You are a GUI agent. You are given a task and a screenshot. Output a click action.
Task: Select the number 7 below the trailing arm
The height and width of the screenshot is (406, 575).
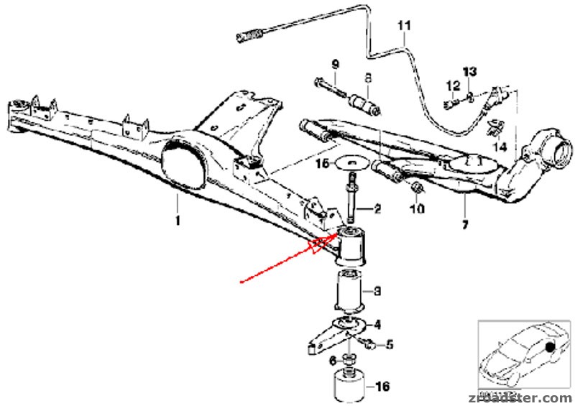tap(465, 226)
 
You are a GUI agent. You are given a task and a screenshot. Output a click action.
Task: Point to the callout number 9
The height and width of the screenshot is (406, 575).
tap(335, 64)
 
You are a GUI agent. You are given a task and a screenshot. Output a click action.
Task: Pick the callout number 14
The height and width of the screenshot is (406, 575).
tap(501, 147)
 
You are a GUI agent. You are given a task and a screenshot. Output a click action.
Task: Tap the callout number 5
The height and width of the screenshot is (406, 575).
tap(389, 345)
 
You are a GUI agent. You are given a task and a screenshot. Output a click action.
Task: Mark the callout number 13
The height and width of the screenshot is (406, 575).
tap(469, 71)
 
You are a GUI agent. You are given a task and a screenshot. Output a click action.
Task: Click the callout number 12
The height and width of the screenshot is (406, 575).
tap(452, 86)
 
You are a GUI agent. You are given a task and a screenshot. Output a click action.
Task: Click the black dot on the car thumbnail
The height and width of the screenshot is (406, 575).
tap(551, 347)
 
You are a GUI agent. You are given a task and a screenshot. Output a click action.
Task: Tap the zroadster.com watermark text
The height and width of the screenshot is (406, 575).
tap(521, 397)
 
